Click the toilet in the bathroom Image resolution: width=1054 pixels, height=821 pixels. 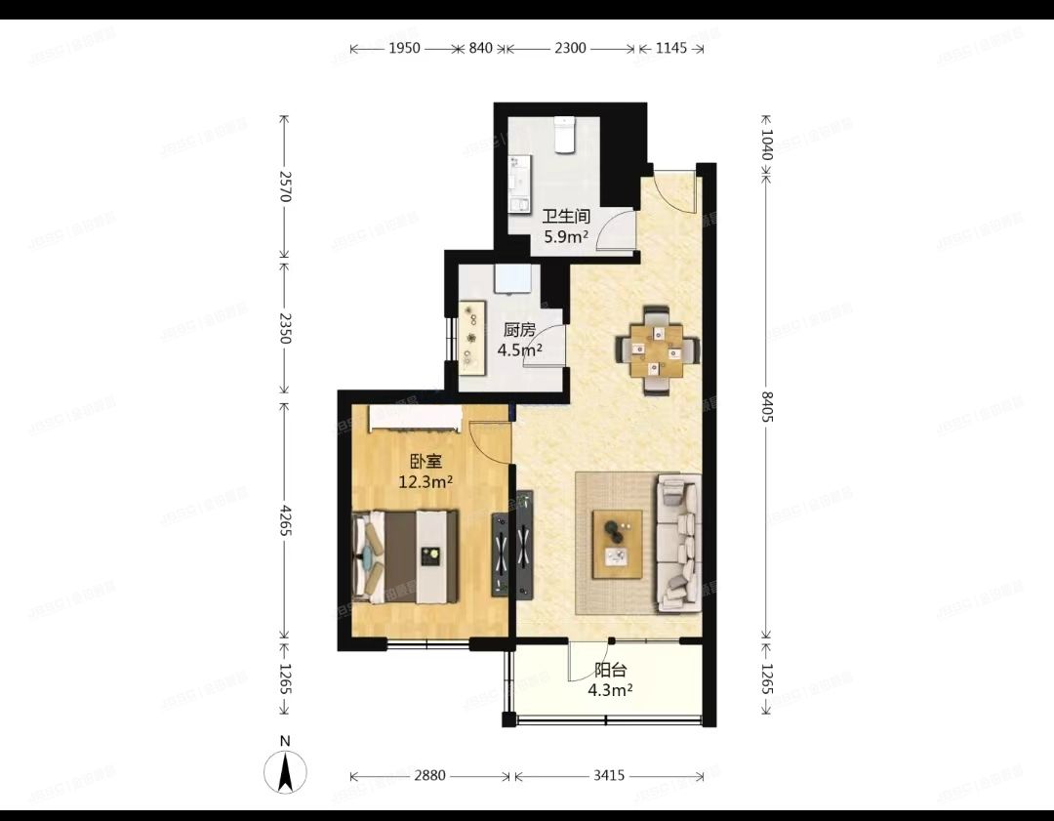pos(564,135)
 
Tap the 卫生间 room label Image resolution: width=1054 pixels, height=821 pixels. pos(565,217)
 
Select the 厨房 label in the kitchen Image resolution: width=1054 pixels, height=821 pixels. pos(518,330)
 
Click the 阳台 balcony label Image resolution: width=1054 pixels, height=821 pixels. pos(610,671)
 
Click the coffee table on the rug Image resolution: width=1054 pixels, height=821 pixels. pos(618,544)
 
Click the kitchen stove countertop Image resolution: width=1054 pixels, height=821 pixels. pos(474,338)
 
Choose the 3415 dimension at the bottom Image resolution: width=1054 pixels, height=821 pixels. pos(609,776)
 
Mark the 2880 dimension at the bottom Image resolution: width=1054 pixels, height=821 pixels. pos(429,776)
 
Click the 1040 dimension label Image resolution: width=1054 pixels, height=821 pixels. pos(766,144)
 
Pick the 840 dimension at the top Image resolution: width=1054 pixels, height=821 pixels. pos(481,48)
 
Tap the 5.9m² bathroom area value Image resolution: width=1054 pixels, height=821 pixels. pos(565,236)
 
